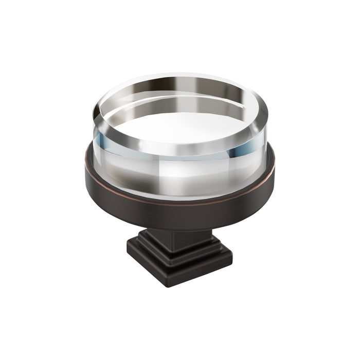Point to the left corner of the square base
pos(128,252)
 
